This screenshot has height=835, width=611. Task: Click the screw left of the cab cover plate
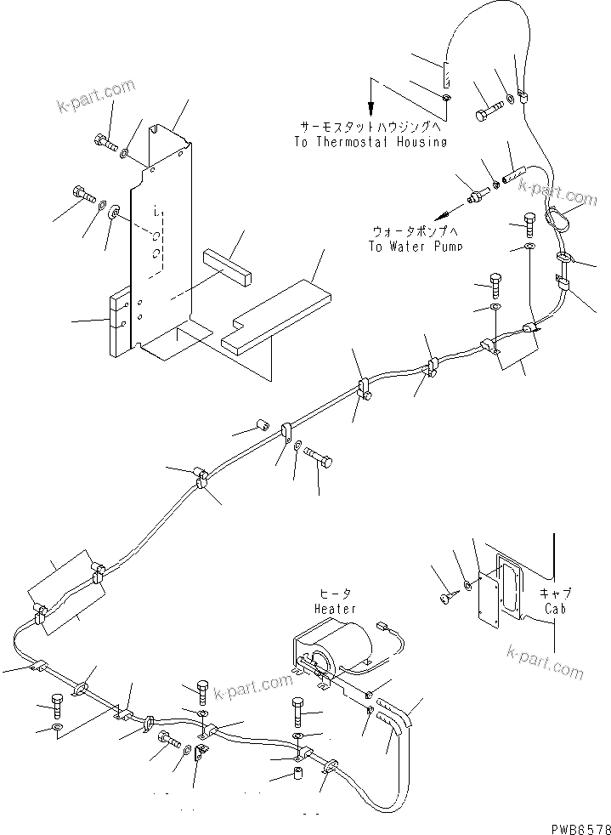point(447,599)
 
